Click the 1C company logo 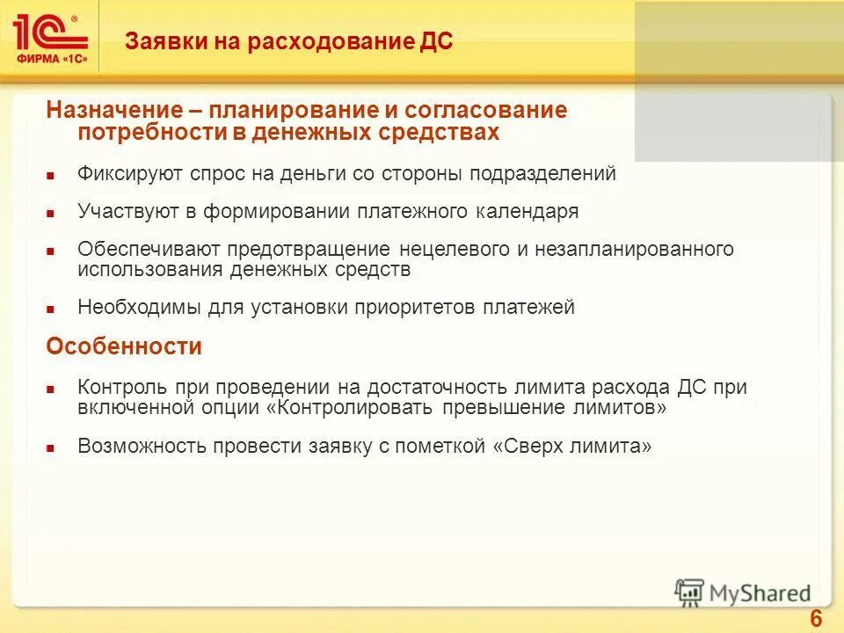(x=50, y=36)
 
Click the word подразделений (x=542, y=173)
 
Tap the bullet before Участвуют (x=51, y=214)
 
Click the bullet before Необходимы (x=51, y=309)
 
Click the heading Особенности (x=124, y=347)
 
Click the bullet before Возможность (x=51, y=448)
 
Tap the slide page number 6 (x=815, y=619)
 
